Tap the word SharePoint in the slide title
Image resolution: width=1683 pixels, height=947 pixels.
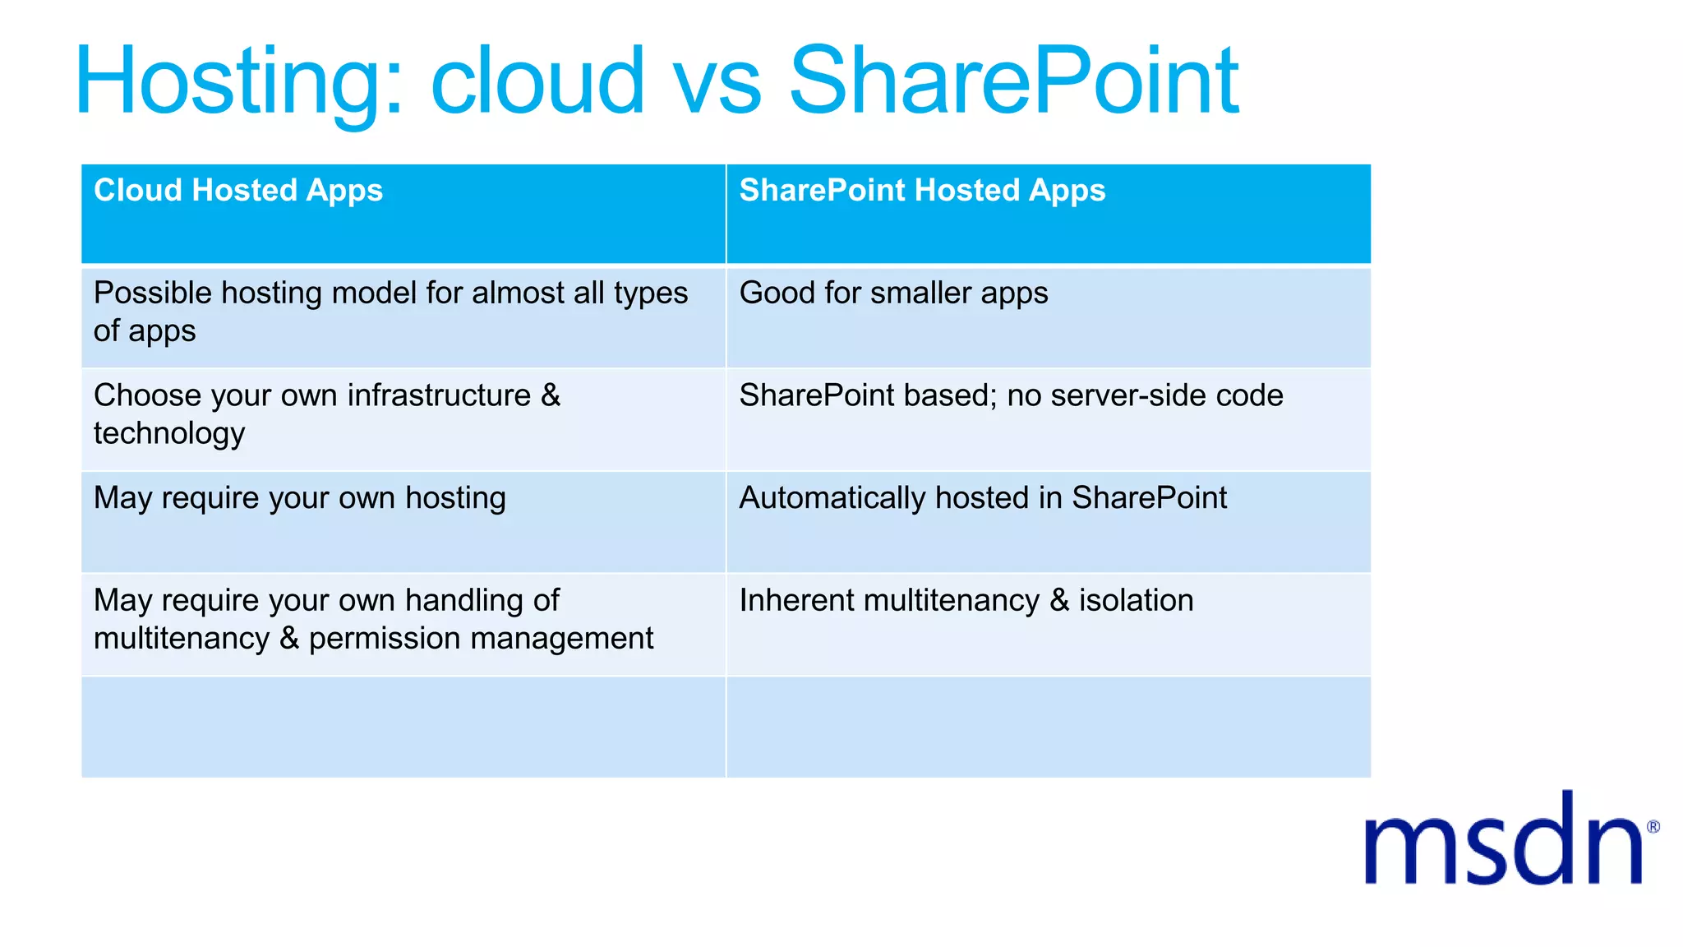1012,82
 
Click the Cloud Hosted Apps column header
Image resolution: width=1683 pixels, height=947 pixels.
238,191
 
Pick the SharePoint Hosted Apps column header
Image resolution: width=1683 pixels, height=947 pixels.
922,191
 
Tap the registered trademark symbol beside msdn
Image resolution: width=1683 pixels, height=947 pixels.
1653,827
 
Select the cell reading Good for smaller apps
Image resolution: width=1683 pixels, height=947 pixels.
893,293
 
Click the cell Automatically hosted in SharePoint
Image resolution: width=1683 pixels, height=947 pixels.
982,498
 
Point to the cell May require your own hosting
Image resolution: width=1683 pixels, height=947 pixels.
299,498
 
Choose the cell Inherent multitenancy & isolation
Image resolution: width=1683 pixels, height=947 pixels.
966,601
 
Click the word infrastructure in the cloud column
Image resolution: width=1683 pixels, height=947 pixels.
439,396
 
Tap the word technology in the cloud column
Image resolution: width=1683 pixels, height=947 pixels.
169,434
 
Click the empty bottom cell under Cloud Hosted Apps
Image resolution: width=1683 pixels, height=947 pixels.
403,728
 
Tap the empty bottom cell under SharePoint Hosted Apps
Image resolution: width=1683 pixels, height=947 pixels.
1048,728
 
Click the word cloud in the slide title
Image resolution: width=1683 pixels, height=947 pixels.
537,82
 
